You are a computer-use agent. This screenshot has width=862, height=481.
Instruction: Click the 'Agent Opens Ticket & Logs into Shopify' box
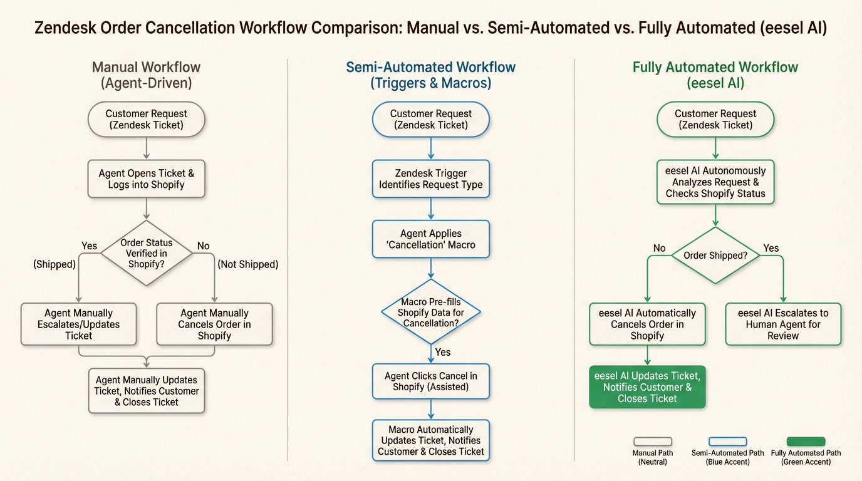(146, 179)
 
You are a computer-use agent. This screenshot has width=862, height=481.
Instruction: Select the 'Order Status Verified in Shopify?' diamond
(146, 253)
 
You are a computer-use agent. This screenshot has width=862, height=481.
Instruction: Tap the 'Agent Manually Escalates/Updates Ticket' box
(78, 324)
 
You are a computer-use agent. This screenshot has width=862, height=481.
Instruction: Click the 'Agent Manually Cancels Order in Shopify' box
(214, 324)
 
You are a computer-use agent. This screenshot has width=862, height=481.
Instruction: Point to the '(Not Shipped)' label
(247, 264)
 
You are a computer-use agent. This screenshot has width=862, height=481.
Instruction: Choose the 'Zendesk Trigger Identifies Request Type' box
(430, 179)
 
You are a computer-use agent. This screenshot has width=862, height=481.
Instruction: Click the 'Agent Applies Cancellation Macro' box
(430, 239)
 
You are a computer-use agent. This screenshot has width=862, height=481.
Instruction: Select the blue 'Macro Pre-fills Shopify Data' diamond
(430, 312)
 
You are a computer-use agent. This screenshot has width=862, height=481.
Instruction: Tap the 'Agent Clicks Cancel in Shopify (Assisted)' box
(430, 381)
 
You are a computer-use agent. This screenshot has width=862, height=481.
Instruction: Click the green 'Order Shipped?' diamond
(715, 256)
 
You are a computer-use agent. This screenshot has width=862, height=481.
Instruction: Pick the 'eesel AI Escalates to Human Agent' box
(782, 324)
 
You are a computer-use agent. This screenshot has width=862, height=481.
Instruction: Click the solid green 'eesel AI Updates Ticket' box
(647, 387)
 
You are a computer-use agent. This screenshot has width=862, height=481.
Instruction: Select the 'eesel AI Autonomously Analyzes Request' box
(715, 182)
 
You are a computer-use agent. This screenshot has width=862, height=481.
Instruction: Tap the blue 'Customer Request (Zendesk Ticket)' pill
(430, 119)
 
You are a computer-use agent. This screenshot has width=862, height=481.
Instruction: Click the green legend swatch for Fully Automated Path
(806, 442)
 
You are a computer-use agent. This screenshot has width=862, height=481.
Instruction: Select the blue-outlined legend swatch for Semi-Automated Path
(727, 442)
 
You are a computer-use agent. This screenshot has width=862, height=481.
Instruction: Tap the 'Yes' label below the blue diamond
(442, 352)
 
